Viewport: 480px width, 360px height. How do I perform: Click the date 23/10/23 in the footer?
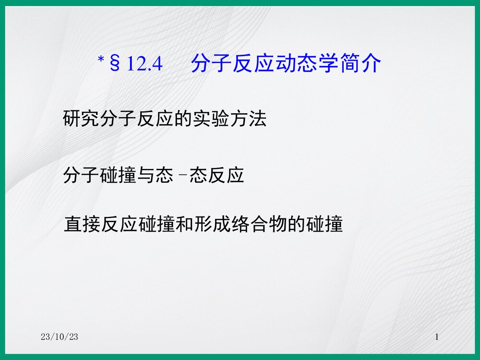(x=60, y=337)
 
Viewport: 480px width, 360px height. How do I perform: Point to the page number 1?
(x=437, y=337)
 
